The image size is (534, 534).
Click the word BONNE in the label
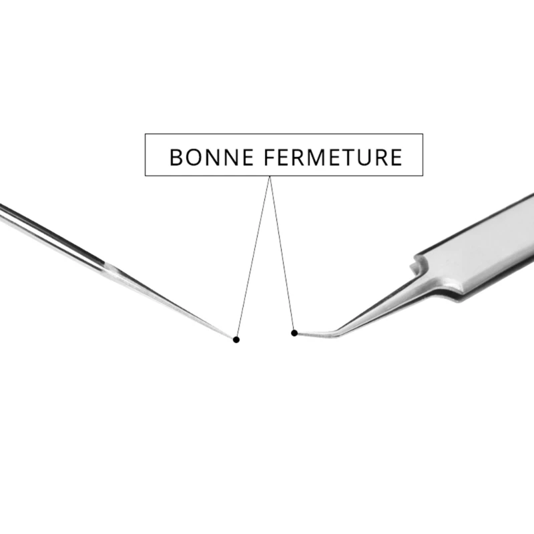click(211, 158)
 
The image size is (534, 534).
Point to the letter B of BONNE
click(176, 158)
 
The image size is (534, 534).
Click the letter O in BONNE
click(192, 158)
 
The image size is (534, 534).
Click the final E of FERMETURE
click(396, 158)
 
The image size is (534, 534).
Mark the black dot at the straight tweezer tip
click(236, 340)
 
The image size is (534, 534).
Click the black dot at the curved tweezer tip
click(294, 332)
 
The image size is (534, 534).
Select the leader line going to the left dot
click(254, 256)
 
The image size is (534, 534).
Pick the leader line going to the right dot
click(281, 254)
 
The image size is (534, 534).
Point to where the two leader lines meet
click(270, 177)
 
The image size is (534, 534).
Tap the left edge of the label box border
click(145, 155)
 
